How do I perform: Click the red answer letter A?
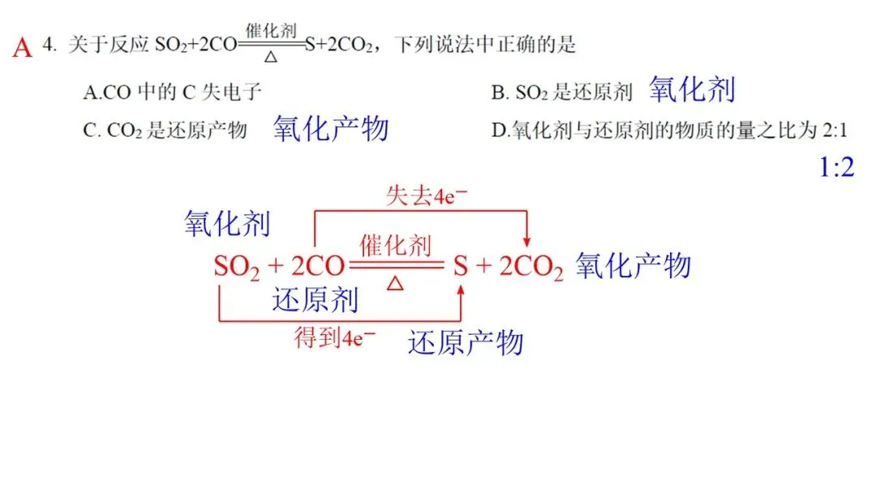coord(23,48)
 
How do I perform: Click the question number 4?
coord(49,45)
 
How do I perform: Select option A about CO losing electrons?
coord(172,92)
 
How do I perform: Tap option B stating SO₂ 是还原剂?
coord(561,92)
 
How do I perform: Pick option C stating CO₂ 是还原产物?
coord(165,130)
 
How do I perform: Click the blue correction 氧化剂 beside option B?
coord(692,90)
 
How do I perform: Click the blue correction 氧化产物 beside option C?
coord(331,128)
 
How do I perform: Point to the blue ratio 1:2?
coord(836,168)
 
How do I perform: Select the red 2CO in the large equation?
coord(313,268)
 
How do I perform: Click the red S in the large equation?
coord(460,267)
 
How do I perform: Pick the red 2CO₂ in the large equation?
coord(530,268)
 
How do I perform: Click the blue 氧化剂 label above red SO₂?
coord(227,224)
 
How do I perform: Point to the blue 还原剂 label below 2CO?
coord(315,300)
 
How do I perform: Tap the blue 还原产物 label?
coord(465,343)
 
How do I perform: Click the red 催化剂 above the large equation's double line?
coord(396,245)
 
